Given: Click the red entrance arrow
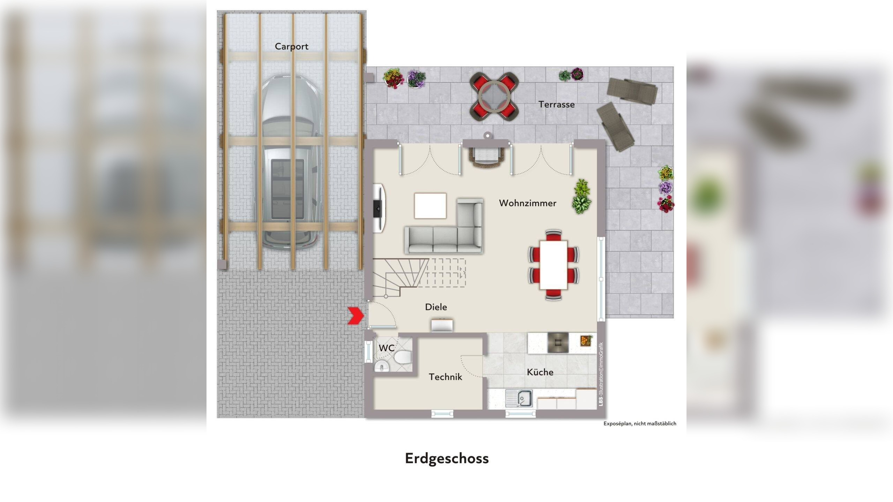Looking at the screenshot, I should tap(356, 316).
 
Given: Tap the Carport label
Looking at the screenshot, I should tap(291, 46).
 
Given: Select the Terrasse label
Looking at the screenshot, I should tap(556, 104).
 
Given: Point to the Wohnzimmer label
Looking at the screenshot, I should tap(527, 203).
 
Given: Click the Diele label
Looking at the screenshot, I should tap(436, 307).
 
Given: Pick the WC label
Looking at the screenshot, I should tap(387, 348).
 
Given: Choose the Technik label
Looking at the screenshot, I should tap(445, 377).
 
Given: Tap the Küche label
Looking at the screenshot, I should tap(540, 372).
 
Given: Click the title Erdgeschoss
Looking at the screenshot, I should tap(446, 458).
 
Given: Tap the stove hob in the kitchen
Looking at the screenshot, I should tap(558, 342).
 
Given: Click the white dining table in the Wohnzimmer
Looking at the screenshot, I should tap(553, 265).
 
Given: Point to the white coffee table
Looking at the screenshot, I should tap(430, 206).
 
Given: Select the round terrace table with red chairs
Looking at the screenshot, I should tap(494, 97).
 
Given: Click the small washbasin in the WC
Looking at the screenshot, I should tap(382, 366).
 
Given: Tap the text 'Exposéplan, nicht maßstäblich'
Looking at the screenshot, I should tap(640, 424).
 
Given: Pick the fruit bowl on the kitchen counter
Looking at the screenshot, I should tap(586, 340).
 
